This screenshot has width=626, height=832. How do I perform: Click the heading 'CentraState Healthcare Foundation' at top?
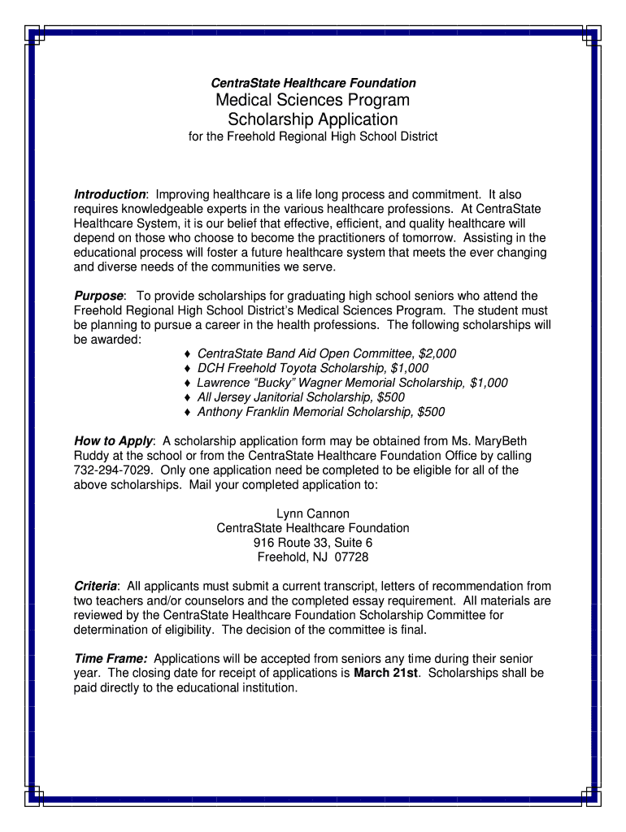(x=313, y=83)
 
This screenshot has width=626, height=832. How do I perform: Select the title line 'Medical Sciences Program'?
(x=313, y=100)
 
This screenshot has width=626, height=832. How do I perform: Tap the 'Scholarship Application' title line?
(x=313, y=119)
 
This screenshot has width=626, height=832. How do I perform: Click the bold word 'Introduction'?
(x=110, y=195)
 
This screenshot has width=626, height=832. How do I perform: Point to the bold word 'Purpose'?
(x=98, y=296)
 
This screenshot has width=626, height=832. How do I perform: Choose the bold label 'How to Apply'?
(x=112, y=441)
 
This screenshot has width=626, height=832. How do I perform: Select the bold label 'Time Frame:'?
(x=111, y=658)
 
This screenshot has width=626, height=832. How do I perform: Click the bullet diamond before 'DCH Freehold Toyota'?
(x=188, y=368)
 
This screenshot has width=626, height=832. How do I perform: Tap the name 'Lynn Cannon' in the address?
(x=313, y=513)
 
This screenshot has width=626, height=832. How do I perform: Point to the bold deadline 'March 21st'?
(x=385, y=673)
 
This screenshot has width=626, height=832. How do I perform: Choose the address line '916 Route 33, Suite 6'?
(x=313, y=543)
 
